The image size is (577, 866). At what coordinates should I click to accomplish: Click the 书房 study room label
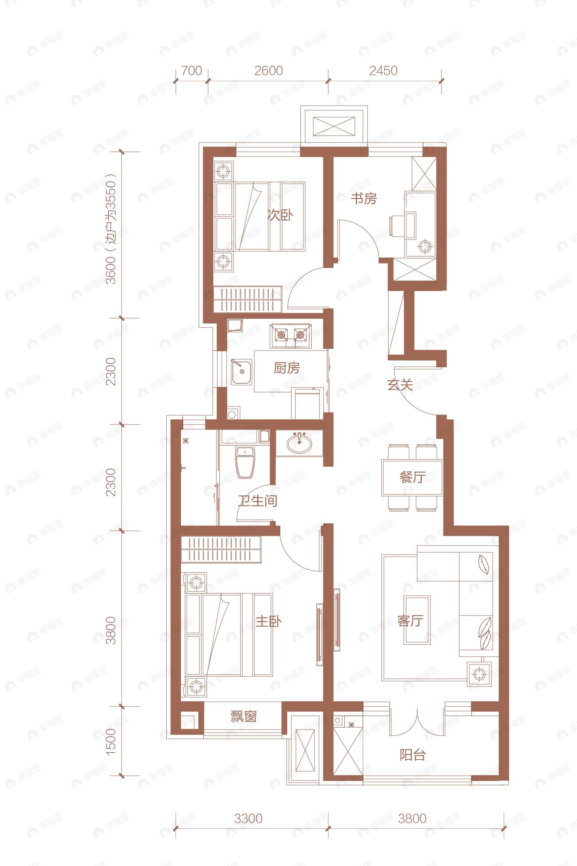(364, 199)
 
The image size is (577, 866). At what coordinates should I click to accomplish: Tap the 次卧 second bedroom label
(280, 215)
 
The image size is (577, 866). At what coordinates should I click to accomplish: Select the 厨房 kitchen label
(287, 368)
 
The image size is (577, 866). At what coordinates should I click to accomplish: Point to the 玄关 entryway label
(400, 385)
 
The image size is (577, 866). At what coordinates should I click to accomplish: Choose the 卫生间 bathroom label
(257, 501)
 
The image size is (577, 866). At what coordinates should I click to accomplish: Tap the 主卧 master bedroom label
(268, 622)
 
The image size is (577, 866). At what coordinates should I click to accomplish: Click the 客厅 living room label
(410, 621)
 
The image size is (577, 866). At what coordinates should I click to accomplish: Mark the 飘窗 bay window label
(243, 716)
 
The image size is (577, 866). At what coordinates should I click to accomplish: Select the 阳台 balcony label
(412, 755)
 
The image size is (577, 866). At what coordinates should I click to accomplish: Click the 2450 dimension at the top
(383, 71)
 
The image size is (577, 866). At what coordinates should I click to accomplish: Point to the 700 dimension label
(192, 71)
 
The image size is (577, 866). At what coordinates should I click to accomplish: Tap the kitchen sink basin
(242, 372)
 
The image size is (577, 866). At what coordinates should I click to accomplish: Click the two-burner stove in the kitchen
(291, 335)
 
